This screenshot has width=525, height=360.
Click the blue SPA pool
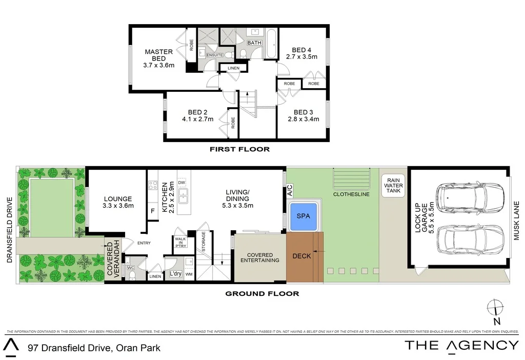(x=304, y=216)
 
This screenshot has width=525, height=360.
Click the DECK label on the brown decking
(x=301, y=256)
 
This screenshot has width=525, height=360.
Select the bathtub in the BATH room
(x=271, y=45)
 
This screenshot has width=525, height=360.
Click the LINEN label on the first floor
(x=234, y=68)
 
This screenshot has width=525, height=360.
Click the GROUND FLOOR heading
(x=262, y=294)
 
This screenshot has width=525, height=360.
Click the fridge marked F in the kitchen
(x=152, y=211)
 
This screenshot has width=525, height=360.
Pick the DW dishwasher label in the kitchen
(x=181, y=183)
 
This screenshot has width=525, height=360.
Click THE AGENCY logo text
(x=461, y=345)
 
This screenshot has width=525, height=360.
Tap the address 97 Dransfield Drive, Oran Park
(x=94, y=348)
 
